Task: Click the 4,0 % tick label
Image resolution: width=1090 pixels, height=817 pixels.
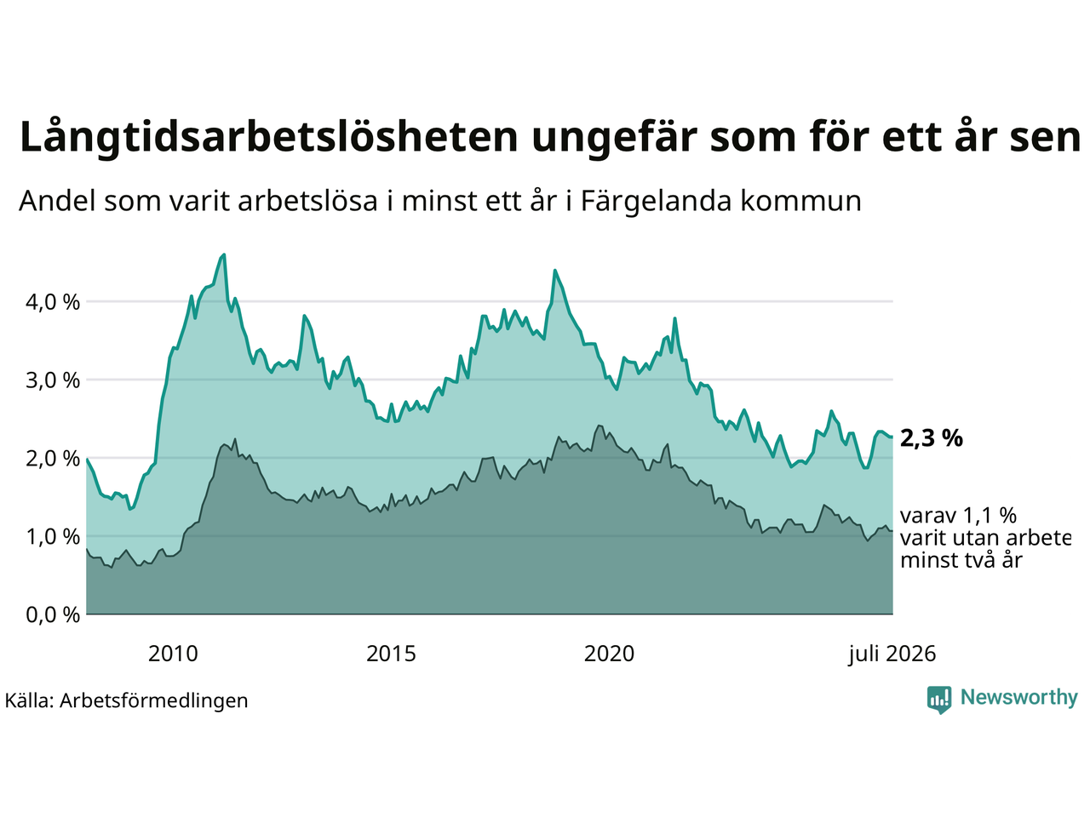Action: pos(53,302)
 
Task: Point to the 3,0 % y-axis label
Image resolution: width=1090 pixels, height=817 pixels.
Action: pos(53,380)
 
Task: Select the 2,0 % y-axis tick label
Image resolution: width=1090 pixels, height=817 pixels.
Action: pos(53,459)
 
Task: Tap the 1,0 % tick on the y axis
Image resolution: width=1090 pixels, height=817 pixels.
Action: pos(53,537)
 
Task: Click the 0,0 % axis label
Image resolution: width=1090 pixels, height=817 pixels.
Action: pos(53,615)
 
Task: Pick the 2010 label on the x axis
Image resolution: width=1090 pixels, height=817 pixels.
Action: pos(173,654)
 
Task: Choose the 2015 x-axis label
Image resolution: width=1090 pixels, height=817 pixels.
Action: pos(391,654)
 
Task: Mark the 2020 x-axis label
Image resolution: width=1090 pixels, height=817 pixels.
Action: pos(609,654)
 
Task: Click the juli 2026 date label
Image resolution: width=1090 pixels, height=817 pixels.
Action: pos(892,654)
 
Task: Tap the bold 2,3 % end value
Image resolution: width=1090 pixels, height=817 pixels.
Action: pos(931,438)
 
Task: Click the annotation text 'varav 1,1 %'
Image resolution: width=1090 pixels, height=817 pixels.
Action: pos(958,516)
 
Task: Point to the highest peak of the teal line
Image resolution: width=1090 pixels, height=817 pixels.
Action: pos(225,255)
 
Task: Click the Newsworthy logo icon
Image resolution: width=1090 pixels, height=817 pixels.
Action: pos(939,700)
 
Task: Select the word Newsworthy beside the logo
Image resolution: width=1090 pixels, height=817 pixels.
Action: pos(1019,698)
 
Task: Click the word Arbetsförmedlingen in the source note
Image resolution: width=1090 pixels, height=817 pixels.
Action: pos(153,701)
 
